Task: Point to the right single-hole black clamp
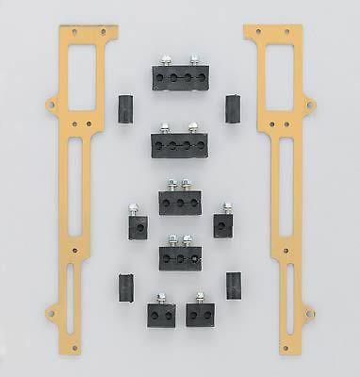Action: [x=225, y=227]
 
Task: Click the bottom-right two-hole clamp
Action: [x=202, y=316]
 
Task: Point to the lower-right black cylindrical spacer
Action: [x=232, y=287]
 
